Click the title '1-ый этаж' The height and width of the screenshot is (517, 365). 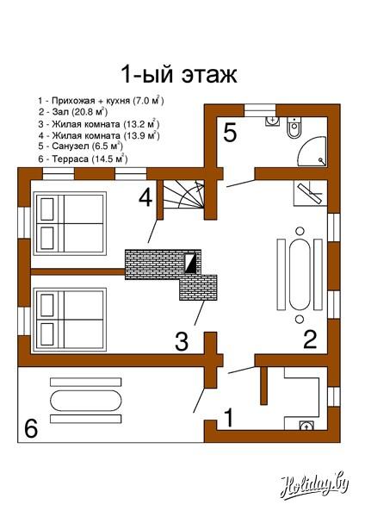179,74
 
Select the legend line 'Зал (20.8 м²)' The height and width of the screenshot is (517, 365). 73,112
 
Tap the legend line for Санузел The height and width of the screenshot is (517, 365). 80,146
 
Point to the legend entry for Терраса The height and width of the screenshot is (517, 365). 83,159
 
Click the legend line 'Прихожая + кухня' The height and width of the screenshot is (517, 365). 101,100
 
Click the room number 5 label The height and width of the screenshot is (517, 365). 230,133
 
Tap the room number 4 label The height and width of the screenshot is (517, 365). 145,198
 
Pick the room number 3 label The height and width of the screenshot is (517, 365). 182,341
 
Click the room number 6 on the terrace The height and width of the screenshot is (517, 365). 31,428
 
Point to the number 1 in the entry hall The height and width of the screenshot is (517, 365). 229,417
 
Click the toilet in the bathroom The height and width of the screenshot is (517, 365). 294,128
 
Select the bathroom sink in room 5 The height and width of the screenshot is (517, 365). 272,121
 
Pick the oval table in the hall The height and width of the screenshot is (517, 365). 300,275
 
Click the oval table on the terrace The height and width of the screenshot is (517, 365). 85,401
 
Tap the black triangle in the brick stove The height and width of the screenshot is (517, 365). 189,264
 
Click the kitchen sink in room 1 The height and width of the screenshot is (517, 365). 306,426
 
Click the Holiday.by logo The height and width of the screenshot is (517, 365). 314,486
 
